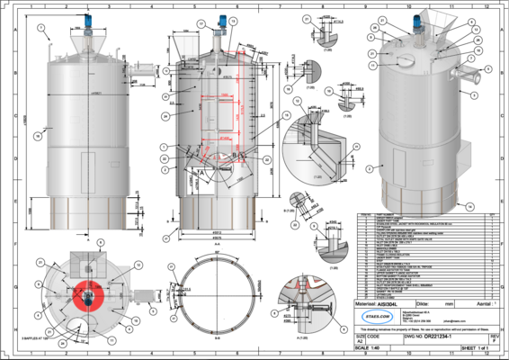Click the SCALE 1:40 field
[x=365, y=347]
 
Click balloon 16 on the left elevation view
[x=35, y=136]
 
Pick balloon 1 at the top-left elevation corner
[x=41, y=28]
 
